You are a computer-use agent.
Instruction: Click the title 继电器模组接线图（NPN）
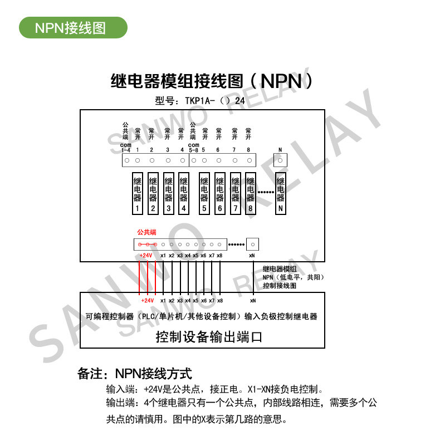coord(211,81)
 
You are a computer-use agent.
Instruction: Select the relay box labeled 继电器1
coord(137,195)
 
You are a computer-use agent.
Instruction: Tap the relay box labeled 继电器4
coord(183,195)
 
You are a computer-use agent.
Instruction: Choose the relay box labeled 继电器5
coord(204,195)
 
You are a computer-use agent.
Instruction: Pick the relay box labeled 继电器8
coord(251,195)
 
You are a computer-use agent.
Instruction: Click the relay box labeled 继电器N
coord(281,195)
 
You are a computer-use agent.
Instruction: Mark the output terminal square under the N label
coord(281,160)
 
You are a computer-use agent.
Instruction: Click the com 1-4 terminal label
coord(126,148)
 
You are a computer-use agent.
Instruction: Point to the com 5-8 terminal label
coord(193,148)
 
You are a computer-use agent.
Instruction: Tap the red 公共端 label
coord(146,232)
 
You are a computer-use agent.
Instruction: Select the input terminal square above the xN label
coord(252,244)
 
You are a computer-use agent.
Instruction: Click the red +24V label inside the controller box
coord(147,300)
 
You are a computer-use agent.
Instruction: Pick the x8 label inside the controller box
coord(220,300)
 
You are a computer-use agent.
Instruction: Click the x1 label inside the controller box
coord(163,300)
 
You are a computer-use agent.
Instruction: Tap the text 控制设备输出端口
coord(208,337)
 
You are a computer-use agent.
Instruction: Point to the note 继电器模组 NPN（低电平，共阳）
coord(293,272)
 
